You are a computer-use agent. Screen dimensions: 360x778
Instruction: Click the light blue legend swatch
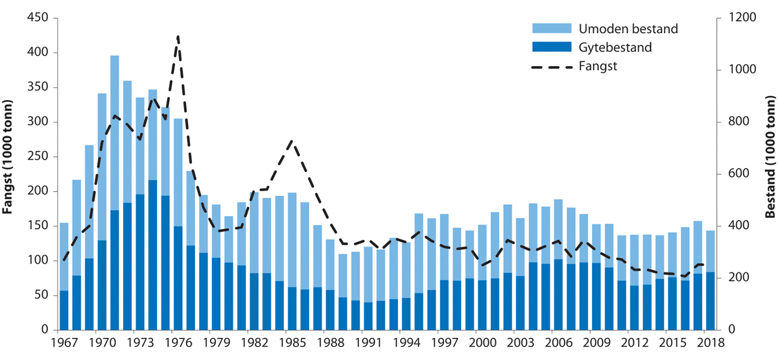click(x=552, y=29)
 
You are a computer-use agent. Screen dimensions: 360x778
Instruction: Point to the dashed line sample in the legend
click(x=552, y=66)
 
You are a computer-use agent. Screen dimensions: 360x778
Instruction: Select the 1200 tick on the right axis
click(x=738, y=18)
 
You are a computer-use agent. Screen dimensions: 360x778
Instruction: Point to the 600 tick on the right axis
click(x=735, y=174)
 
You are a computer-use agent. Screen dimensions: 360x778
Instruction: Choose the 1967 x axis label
click(x=64, y=342)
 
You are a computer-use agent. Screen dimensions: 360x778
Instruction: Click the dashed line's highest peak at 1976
click(x=178, y=37)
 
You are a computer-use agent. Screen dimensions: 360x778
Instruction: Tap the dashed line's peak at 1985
click(x=292, y=140)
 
